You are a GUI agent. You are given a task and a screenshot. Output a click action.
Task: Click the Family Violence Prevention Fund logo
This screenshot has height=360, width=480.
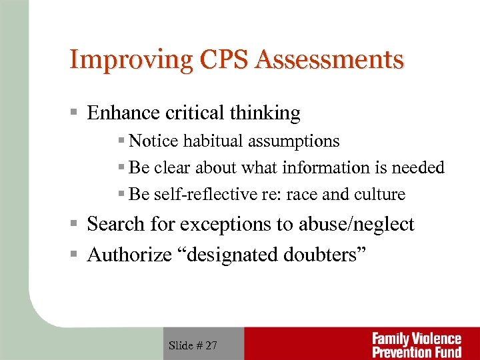click(417, 345)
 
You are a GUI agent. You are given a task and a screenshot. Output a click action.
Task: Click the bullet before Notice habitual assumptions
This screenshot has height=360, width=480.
click(121, 141)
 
